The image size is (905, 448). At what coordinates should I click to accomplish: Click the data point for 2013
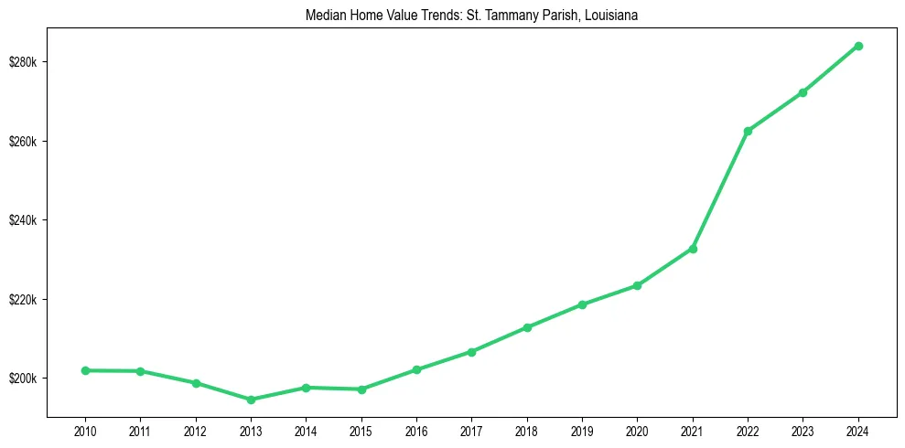tap(251, 400)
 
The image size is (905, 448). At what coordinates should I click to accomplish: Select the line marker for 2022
tap(748, 131)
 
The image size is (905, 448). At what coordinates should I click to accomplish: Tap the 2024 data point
tap(858, 46)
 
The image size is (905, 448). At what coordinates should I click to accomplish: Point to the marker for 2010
tap(85, 370)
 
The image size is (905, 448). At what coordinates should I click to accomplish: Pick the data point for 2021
tap(693, 249)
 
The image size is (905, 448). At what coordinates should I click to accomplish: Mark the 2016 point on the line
tap(416, 369)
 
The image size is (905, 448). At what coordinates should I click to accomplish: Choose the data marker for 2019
tap(582, 304)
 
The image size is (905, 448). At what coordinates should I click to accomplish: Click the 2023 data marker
tap(803, 92)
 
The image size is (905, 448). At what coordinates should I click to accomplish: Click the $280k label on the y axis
tap(22, 62)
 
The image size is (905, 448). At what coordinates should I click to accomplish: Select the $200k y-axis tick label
tap(22, 379)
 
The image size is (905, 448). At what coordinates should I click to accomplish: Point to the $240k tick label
tap(22, 220)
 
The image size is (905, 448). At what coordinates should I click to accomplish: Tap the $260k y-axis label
tap(22, 142)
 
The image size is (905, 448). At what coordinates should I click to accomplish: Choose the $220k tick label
tap(22, 300)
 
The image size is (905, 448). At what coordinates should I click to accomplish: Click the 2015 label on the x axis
tap(361, 430)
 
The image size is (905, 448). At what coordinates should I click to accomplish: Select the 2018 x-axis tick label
tap(527, 430)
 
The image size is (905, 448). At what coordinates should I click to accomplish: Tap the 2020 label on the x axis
tap(637, 430)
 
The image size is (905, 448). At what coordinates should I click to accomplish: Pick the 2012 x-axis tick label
tap(196, 430)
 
